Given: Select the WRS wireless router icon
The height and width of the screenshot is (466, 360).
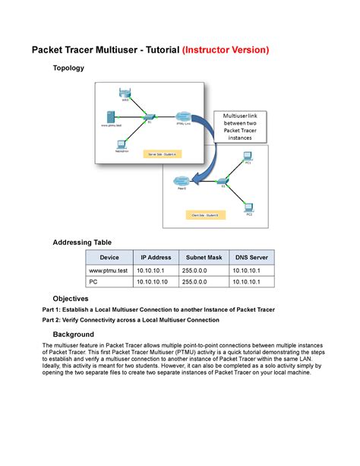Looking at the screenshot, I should pos(125,94).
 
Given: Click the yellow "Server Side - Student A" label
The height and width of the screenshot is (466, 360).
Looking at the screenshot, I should pos(161,154).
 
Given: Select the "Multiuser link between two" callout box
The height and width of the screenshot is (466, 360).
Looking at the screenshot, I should pos(240,126).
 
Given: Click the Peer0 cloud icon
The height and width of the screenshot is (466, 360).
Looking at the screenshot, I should pos(182,181).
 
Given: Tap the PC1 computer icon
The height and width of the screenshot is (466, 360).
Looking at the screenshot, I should pos(248,156).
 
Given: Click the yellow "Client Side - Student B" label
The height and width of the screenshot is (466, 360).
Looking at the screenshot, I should pos(204,216).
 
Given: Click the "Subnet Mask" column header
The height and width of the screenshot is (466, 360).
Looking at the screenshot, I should pos(202,258).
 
